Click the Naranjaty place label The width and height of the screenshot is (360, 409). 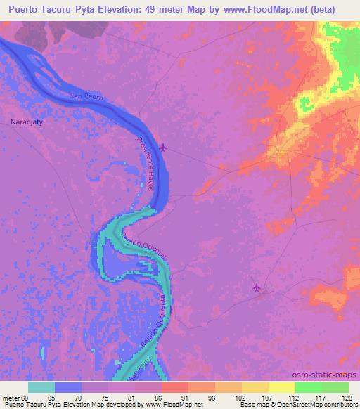pos(27,121)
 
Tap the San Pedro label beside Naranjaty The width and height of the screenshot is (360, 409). pos(87,96)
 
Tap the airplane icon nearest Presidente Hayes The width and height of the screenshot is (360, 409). pos(164,147)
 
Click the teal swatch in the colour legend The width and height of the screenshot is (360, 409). pos(41,387)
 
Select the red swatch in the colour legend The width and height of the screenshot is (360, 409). pos(175,387)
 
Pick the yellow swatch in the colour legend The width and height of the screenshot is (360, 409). pos(282,387)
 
